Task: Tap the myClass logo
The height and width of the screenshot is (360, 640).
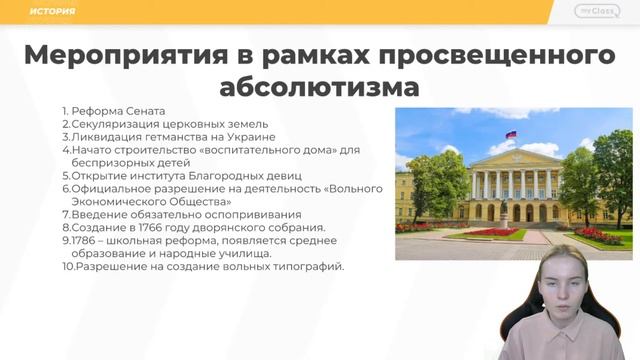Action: tap(597, 11)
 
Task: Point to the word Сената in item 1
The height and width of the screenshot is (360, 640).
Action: tap(144, 111)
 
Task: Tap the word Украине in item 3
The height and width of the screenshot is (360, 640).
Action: tap(246, 137)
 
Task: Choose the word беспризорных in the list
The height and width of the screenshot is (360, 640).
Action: tap(107, 162)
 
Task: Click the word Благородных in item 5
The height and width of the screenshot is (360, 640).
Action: tap(186, 175)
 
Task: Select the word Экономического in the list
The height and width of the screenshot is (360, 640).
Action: tap(115, 201)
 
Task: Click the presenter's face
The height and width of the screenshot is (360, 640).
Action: tap(562, 289)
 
